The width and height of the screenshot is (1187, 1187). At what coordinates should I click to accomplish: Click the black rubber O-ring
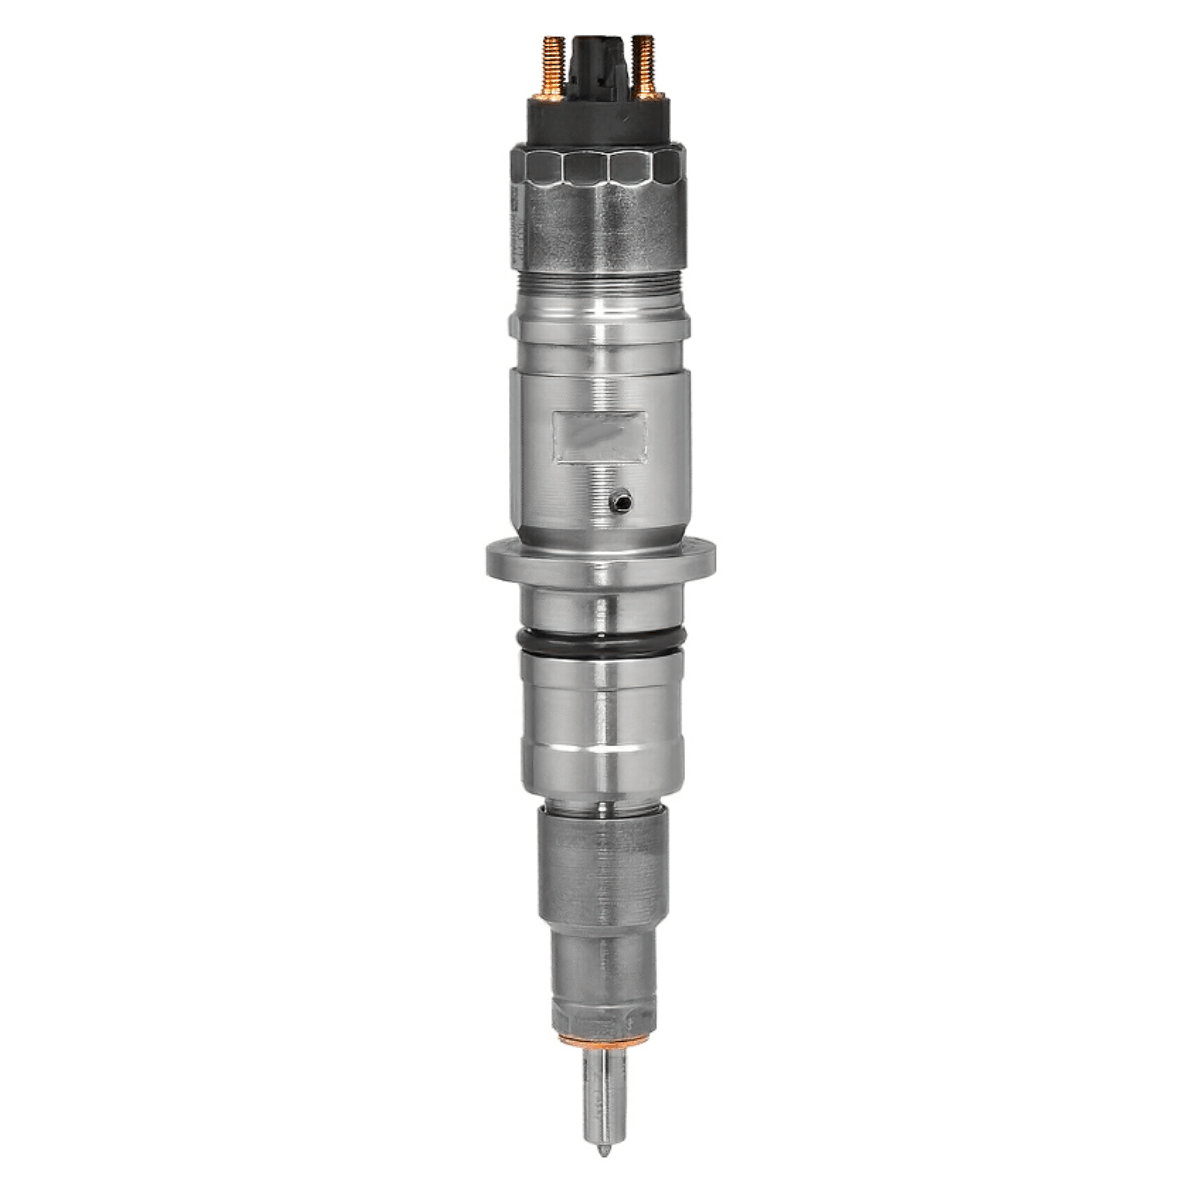596,642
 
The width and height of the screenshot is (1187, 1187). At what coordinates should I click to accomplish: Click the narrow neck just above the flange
596,524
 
